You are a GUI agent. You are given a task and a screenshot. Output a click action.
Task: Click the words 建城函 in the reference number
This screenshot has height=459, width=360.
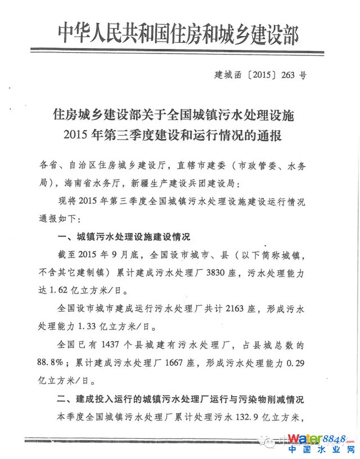pos(227,74)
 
